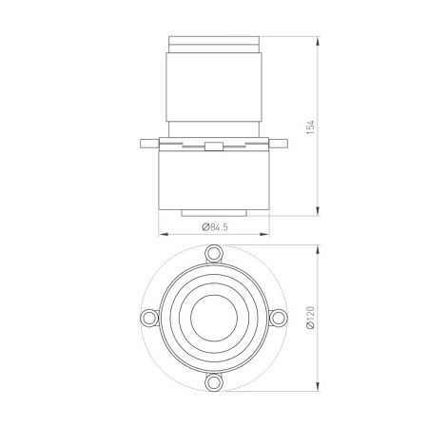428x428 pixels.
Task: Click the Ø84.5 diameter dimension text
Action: (x=214, y=226)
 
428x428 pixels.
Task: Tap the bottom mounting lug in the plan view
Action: (x=215, y=381)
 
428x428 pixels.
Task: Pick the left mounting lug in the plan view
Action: (x=149, y=318)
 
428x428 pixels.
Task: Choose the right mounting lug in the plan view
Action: (x=280, y=318)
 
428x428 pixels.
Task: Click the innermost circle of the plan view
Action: (x=214, y=318)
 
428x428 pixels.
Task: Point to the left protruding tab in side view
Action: (x=147, y=145)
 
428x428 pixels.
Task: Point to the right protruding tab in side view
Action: (x=282, y=145)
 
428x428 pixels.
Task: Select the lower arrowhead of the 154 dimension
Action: (x=317, y=213)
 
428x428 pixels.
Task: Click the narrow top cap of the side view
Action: (x=214, y=45)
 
